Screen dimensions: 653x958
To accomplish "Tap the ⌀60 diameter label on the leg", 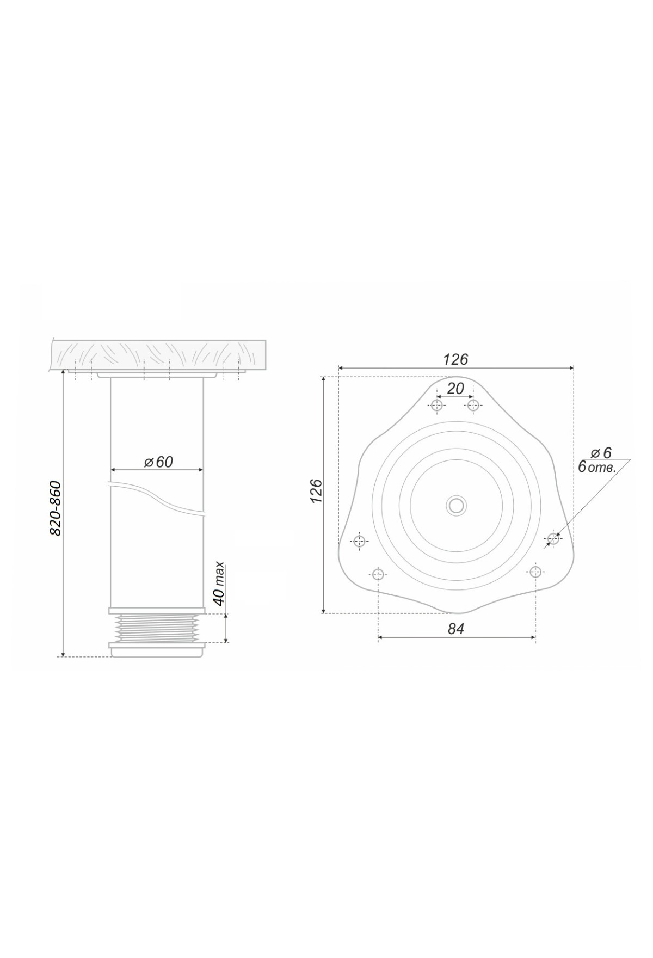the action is [158, 462].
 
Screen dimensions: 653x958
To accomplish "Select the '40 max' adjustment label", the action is [219, 584].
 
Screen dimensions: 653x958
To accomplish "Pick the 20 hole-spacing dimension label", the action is [455, 389].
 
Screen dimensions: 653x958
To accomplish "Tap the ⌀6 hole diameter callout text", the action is [601, 452].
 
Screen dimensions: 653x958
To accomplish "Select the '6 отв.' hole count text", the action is [596, 467].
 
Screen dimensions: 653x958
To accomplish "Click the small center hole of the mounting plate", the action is [456, 506].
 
